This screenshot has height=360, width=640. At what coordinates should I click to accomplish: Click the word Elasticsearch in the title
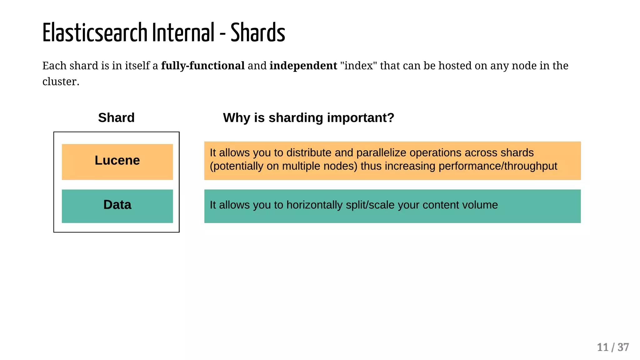click(95, 33)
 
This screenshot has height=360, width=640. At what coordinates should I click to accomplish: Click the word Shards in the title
click(258, 33)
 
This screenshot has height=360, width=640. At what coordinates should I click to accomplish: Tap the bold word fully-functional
click(202, 66)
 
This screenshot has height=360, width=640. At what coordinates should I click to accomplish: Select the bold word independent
click(303, 66)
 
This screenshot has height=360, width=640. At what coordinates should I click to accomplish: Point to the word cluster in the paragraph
click(59, 82)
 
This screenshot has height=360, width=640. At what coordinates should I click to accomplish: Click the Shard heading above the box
click(116, 118)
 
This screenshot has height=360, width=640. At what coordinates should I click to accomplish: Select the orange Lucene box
click(117, 162)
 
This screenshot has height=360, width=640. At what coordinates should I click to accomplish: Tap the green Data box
click(117, 206)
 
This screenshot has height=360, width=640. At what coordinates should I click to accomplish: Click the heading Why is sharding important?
click(308, 118)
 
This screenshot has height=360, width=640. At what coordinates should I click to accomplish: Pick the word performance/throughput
click(498, 166)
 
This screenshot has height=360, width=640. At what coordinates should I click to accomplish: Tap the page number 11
click(602, 347)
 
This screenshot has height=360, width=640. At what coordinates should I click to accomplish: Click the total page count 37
click(623, 347)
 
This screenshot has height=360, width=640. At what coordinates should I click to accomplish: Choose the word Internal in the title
click(183, 33)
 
